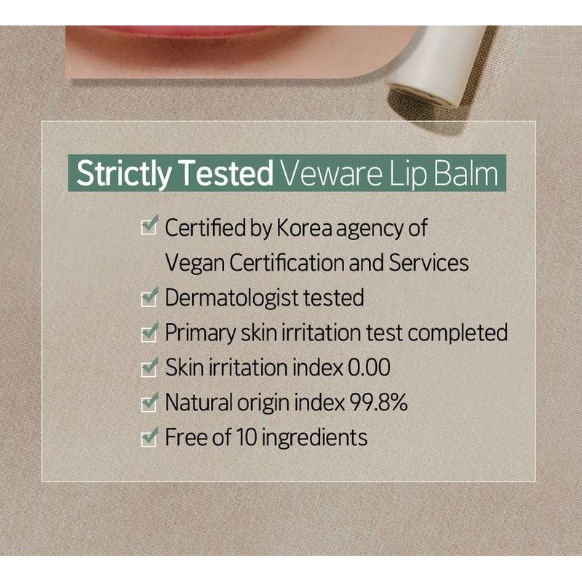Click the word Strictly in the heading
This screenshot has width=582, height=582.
(124, 174)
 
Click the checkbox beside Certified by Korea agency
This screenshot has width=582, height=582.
(150, 225)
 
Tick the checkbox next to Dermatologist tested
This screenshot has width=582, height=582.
(150, 297)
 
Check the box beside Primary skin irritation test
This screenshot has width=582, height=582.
(150, 332)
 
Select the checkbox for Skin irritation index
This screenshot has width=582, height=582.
(150, 367)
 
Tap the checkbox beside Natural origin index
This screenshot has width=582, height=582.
(150, 402)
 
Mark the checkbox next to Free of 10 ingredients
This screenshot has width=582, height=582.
(150, 436)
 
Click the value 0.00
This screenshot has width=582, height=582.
(369, 367)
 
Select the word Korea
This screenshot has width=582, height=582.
(304, 228)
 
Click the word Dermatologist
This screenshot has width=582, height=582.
(231, 298)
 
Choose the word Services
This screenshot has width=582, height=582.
(428, 263)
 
